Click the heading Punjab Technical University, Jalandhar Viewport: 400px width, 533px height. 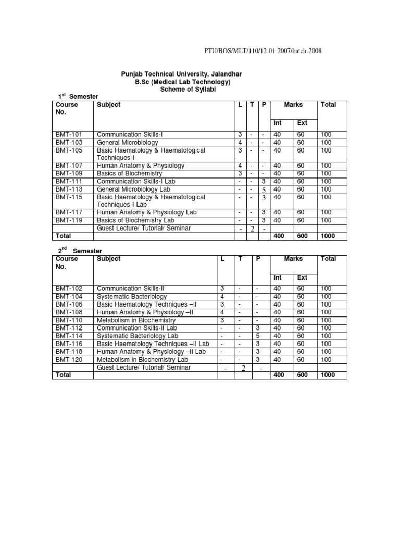click(181, 74)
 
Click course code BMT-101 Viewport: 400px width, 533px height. click(68, 134)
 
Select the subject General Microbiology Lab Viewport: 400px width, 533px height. click(133, 189)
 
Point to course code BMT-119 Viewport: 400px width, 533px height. click(68, 220)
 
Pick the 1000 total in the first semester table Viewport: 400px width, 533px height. click(329, 236)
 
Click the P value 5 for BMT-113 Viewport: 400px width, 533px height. click(264, 190)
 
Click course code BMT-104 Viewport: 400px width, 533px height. click(68, 296)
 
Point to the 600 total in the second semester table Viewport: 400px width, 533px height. click(303, 375)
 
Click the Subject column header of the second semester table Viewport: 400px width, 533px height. click(108, 259)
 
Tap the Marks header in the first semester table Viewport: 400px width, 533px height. click(293, 105)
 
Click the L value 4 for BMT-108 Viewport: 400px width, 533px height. click(222, 312)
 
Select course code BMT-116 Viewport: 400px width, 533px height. click(68, 344)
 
